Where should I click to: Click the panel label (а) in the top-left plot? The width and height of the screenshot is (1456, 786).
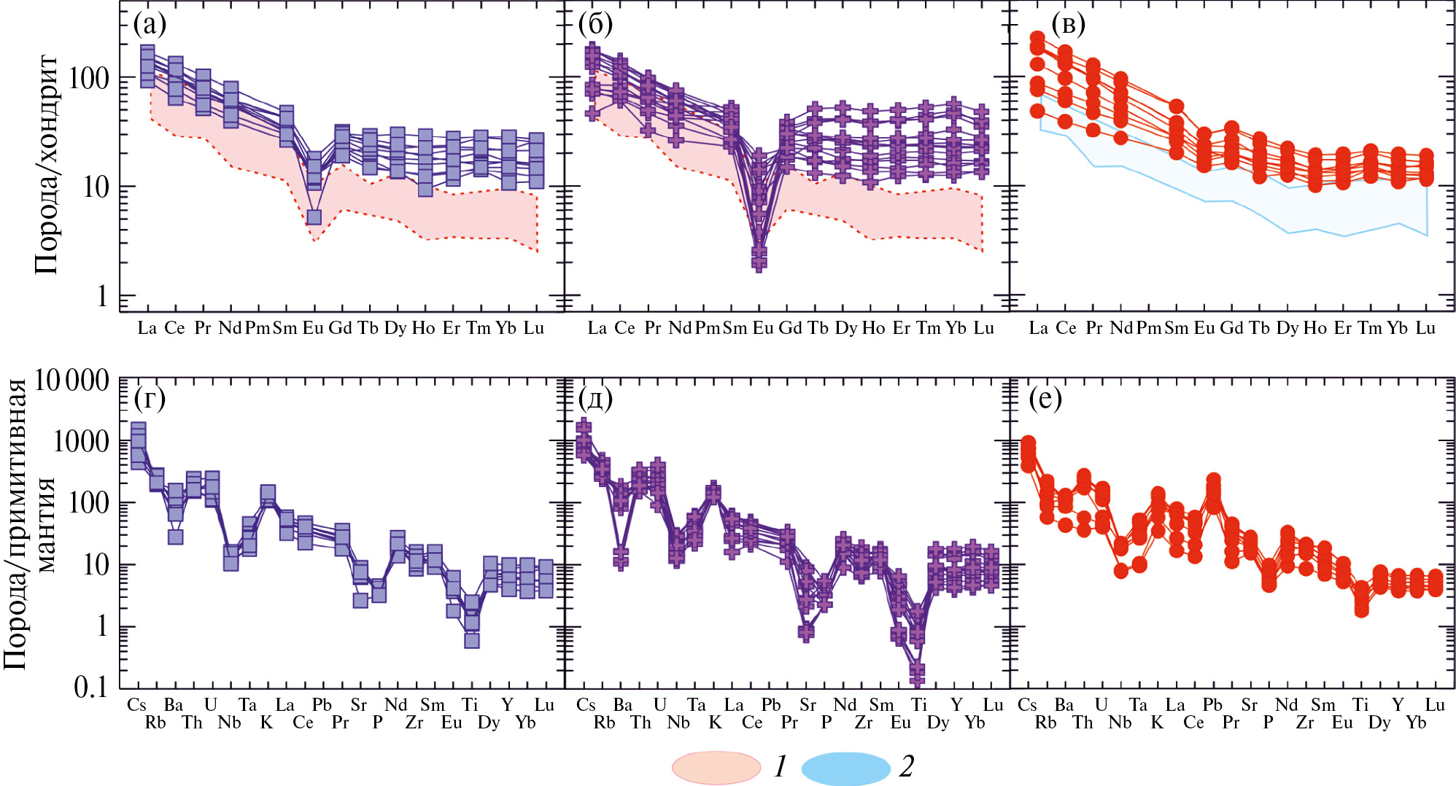[x=150, y=24]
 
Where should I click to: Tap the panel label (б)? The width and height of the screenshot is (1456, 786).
[x=595, y=24]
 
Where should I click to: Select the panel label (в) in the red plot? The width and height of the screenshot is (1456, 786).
[x=1068, y=24]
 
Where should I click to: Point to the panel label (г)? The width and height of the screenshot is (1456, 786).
[x=150, y=399]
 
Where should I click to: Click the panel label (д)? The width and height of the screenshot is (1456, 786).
[x=595, y=399]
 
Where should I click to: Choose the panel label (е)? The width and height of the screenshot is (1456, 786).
[x=1045, y=399]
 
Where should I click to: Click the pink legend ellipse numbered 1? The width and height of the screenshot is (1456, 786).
[x=716, y=768]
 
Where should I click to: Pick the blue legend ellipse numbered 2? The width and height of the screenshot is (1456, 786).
[x=845, y=768]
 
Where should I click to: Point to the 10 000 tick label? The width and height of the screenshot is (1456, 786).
[x=71, y=380]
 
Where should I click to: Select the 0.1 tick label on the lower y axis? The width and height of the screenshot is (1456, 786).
[x=90, y=687]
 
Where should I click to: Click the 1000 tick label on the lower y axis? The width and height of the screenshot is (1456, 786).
[x=81, y=441]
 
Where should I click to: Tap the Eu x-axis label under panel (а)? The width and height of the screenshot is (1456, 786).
[x=313, y=328]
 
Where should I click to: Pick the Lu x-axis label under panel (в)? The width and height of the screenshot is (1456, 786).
[x=1425, y=328]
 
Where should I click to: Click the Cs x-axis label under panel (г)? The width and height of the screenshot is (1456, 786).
[x=136, y=705]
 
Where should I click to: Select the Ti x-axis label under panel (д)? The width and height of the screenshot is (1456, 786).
[x=918, y=705]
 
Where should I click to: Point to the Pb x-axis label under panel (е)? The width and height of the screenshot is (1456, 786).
[x=1212, y=705]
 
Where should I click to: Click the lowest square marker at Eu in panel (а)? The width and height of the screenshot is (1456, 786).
[x=314, y=217]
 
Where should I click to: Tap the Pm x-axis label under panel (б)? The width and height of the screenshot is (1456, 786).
[x=707, y=328]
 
